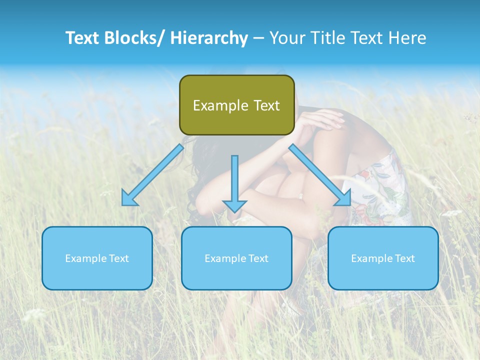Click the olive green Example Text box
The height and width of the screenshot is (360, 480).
(236, 105)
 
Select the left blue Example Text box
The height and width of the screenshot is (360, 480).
(97, 258)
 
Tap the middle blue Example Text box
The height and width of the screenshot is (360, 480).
(236, 258)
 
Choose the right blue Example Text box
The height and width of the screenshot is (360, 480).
(383, 258)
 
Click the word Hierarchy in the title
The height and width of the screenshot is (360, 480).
(209, 38)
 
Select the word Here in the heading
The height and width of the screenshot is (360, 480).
(407, 38)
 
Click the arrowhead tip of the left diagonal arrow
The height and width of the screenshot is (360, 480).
(124, 203)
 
